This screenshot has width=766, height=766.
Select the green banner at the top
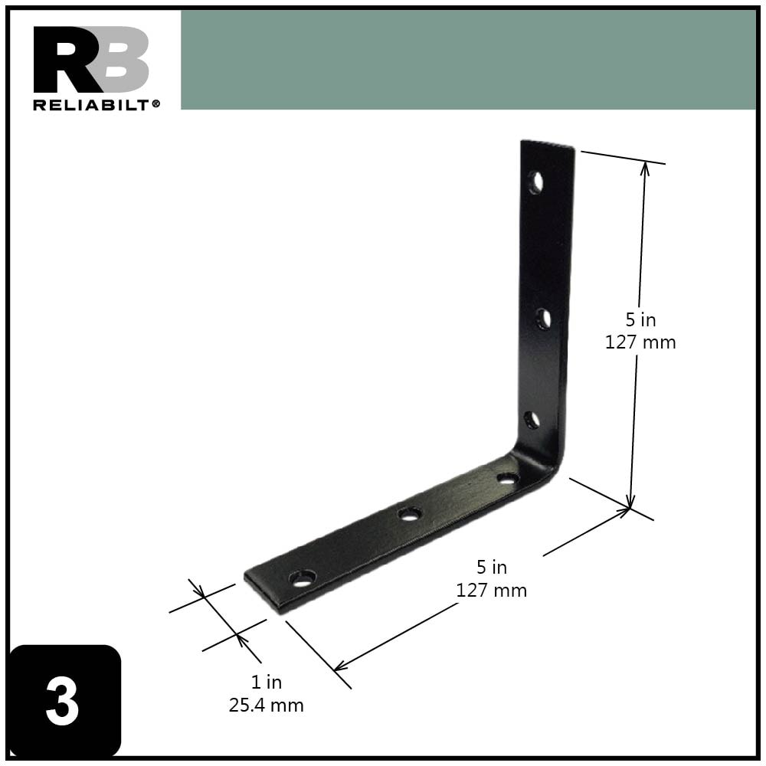click(467, 60)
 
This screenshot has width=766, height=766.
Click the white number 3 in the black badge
click(62, 702)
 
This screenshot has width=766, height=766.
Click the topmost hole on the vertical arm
click(535, 182)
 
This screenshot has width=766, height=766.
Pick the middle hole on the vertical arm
click(543, 319)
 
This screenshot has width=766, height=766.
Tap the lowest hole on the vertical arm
click(532, 419)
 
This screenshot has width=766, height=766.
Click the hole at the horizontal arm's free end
click(303, 578)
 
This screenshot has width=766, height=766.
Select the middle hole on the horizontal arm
click(411, 513)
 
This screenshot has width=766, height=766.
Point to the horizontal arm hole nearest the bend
click(507, 479)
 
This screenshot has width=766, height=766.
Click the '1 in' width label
click(266, 682)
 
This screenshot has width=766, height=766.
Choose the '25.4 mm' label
click(266, 705)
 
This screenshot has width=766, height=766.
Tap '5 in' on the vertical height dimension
click(640, 319)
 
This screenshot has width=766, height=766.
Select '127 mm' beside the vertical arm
click(640, 342)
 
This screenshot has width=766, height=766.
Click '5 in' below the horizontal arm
click(491, 568)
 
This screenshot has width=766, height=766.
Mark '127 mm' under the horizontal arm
click(491, 591)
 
